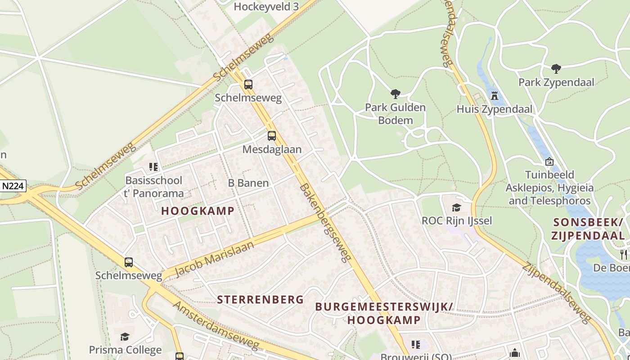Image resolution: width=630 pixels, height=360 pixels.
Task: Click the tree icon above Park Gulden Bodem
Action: [396, 94]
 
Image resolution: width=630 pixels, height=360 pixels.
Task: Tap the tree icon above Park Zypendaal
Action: [556, 69]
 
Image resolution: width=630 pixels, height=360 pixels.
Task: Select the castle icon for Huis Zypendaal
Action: [495, 95]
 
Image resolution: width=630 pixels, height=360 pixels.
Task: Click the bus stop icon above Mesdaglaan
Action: [272, 136]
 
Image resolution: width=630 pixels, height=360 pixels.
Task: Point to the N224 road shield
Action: [13, 186]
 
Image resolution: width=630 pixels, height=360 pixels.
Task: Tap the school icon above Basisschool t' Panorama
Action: [153, 167]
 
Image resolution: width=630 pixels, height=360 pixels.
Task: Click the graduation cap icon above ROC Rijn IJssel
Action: [457, 207]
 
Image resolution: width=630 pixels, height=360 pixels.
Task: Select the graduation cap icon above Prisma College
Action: [125, 337]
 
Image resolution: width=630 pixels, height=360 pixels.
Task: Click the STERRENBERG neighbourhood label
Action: [261, 299]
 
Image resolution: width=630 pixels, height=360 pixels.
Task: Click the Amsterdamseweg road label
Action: [216, 326]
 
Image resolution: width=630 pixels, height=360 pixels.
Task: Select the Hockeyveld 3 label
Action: [266, 7]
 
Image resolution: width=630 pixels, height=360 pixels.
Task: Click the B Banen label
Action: [248, 183]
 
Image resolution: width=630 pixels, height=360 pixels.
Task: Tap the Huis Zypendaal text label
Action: [494, 109]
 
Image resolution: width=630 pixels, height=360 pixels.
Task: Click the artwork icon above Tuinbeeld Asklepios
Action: [549, 162]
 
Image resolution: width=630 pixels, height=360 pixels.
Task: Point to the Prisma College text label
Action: [125, 350]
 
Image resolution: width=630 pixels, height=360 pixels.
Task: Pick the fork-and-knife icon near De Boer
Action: [624, 255]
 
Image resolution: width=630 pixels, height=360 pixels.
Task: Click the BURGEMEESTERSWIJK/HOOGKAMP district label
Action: [384, 313]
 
